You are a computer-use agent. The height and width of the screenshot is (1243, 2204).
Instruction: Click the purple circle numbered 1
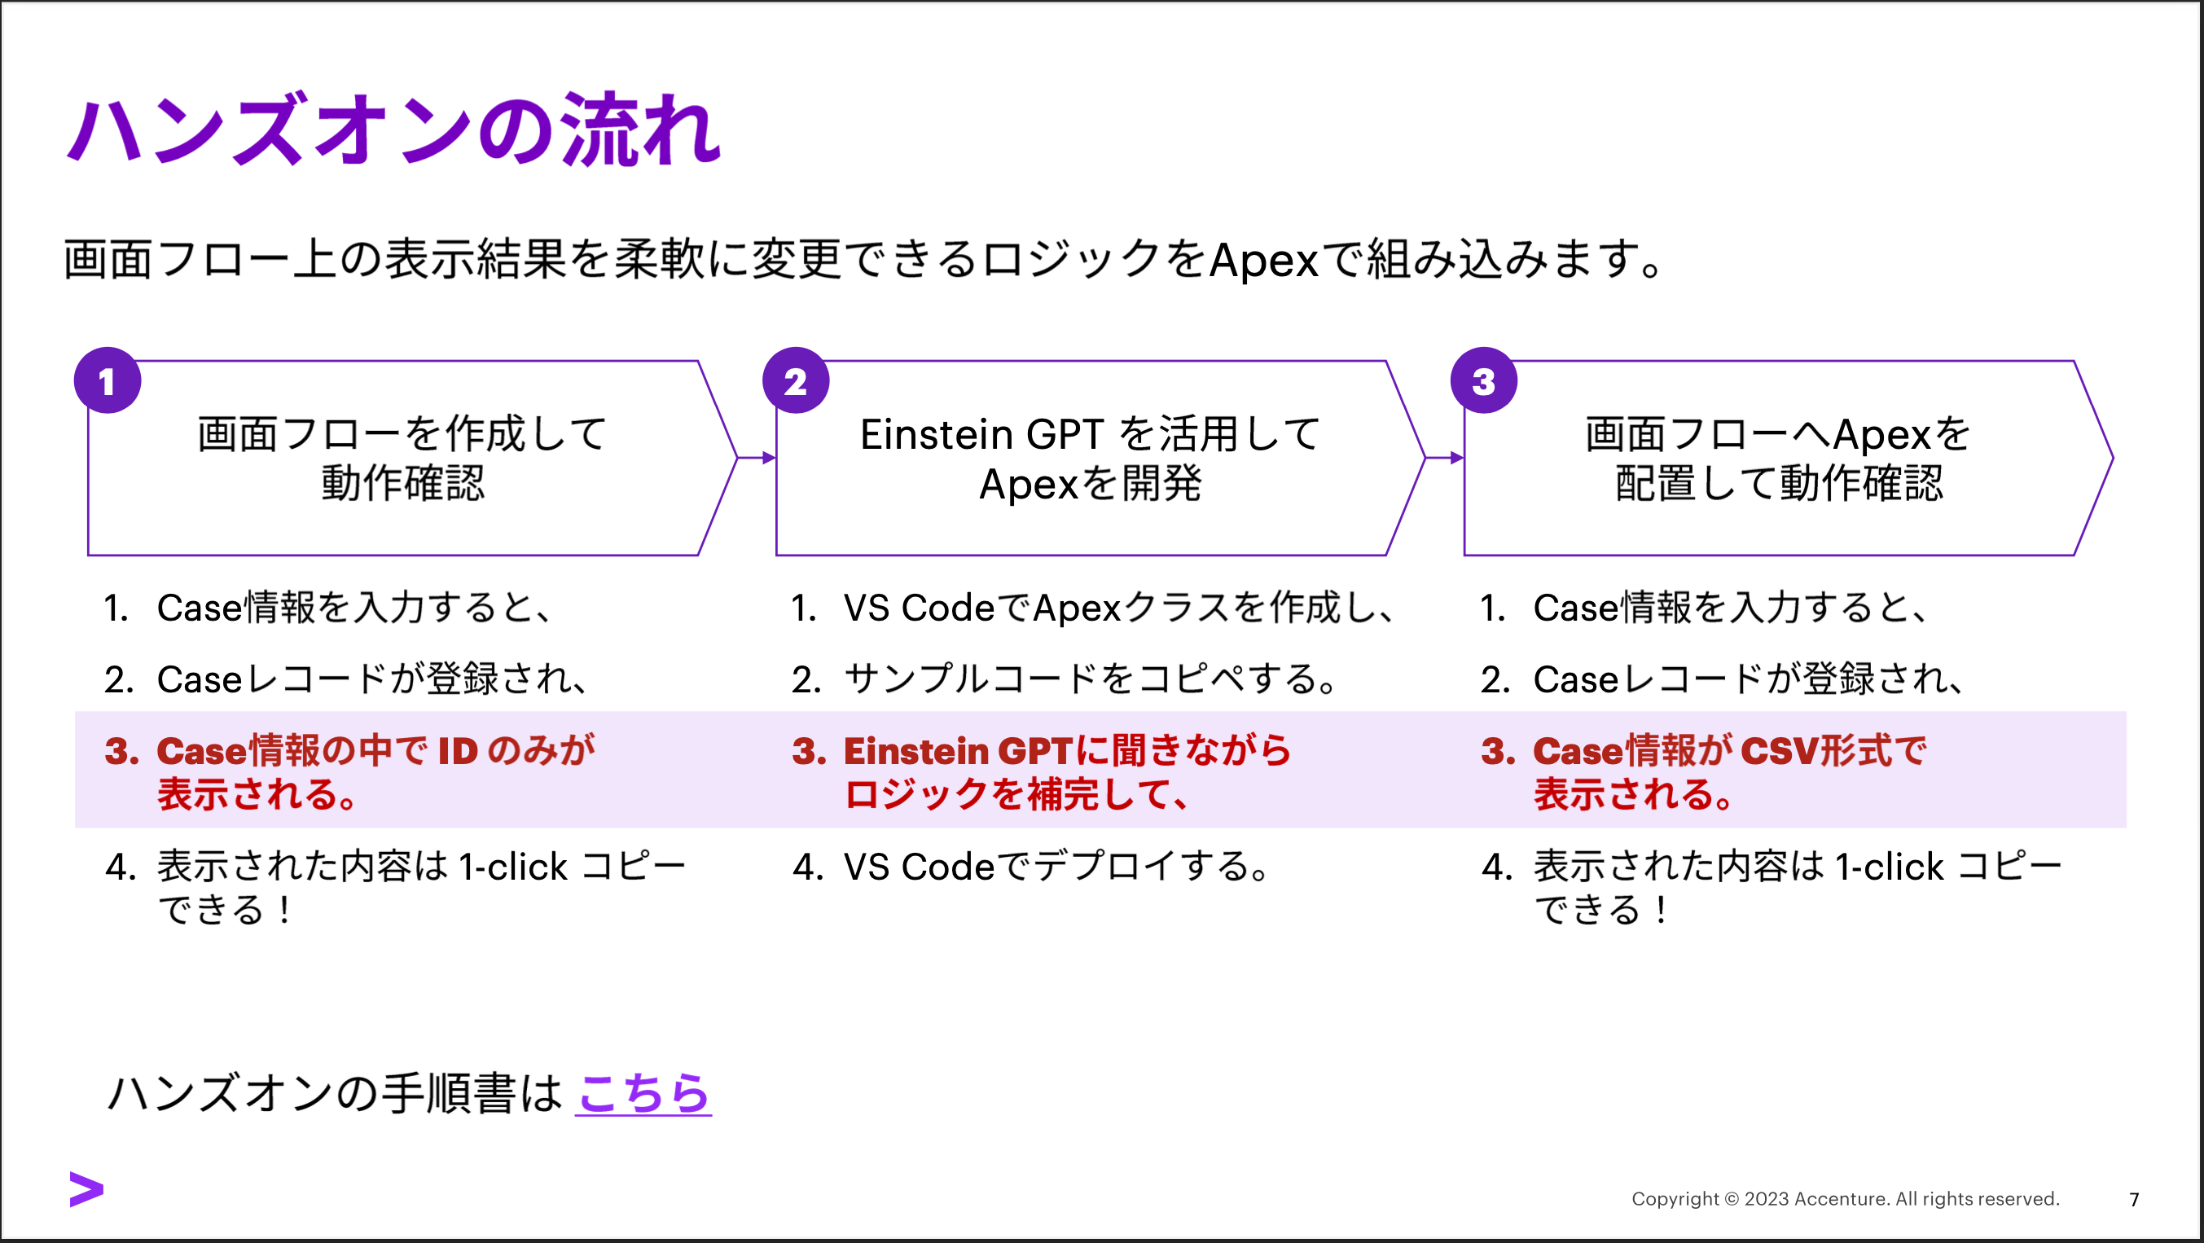coord(108,380)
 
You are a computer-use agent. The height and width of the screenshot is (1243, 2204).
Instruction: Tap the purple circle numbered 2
coord(796,380)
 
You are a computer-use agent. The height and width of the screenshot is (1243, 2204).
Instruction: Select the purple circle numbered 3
coord(1484,380)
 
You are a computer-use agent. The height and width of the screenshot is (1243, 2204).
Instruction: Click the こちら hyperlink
coord(643,1092)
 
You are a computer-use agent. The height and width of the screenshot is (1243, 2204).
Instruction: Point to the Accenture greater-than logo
coord(86,1189)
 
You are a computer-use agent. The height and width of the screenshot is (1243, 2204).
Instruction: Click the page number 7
coord(2134,1199)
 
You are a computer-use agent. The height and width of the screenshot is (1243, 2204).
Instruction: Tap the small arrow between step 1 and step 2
coord(757,458)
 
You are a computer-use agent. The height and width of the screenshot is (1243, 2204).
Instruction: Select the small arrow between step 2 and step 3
coord(1445,458)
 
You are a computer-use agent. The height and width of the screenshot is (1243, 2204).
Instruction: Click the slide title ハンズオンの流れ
coord(393,130)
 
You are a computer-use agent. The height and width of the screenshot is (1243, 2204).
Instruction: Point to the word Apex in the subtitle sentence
coord(1264,259)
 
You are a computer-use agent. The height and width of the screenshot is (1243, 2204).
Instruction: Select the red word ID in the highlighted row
coord(458,750)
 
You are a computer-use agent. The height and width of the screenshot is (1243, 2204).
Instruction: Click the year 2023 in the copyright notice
coord(1767,1198)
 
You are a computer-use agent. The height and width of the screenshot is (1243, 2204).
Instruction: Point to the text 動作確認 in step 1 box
coord(403,483)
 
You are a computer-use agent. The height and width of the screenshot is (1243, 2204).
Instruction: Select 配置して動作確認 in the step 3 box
coord(1779,483)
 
